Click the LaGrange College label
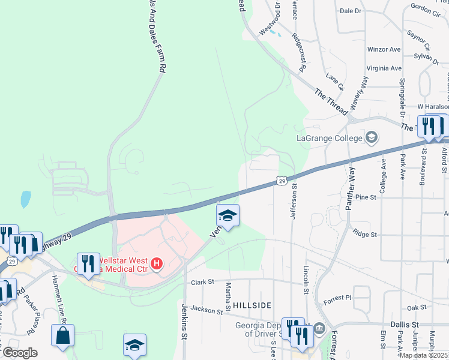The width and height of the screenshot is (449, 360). (x=330, y=138)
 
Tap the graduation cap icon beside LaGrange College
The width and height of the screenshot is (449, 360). (x=372, y=137)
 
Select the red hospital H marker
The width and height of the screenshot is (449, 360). (x=157, y=263)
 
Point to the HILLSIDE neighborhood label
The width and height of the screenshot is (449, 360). (x=251, y=305)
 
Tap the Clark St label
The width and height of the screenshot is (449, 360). (x=203, y=282)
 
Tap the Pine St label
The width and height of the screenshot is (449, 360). (x=365, y=197)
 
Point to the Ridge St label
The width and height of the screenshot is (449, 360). (x=364, y=233)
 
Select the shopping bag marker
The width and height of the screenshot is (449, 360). (x=63, y=337)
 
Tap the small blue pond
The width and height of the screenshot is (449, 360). (x=25, y=199)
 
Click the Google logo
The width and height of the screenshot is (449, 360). (x=20, y=353)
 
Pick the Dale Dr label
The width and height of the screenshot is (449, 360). (x=351, y=11)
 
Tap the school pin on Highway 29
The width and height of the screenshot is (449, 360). (x=228, y=215)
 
